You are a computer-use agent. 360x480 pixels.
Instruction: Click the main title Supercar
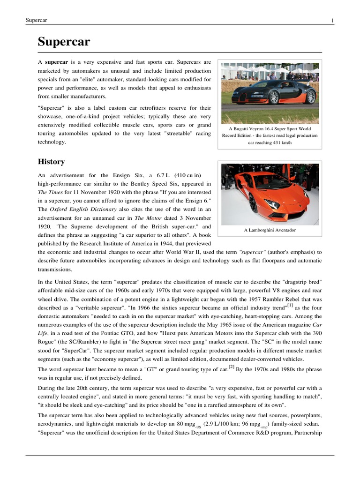[x=64, y=42]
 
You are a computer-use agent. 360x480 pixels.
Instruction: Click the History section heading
[x=51, y=162]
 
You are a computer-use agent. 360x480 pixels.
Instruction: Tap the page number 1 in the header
[x=332, y=20]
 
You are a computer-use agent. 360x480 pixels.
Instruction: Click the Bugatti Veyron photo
[x=270, y=92]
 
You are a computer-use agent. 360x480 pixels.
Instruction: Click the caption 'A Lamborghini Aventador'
[x=270, y=230]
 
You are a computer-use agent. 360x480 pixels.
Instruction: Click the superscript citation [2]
[x=232, y=367]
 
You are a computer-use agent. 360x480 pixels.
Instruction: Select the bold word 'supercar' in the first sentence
[x=57, y=62]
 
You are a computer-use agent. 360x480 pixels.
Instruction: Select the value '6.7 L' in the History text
[x=153, y=175]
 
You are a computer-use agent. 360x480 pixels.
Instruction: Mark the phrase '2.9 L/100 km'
[x=223, y=424]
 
